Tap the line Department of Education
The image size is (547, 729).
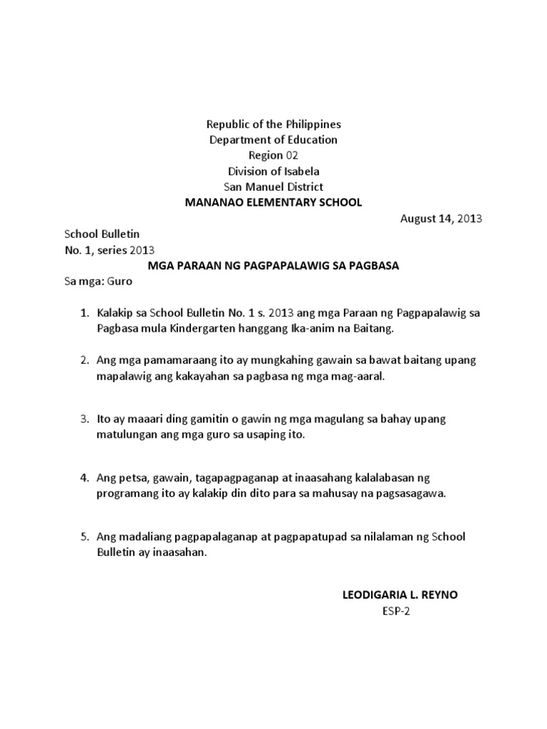[273, 140]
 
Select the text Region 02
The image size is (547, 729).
[273, 155]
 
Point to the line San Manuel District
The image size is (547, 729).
[273, 187]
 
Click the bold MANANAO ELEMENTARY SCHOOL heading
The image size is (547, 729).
[273, 202]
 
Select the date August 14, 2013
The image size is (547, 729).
[440, 219]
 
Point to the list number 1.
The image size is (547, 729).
[83, 313]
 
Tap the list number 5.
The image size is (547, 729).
[83, 537]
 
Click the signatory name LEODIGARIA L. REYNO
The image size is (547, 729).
[400, 594]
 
